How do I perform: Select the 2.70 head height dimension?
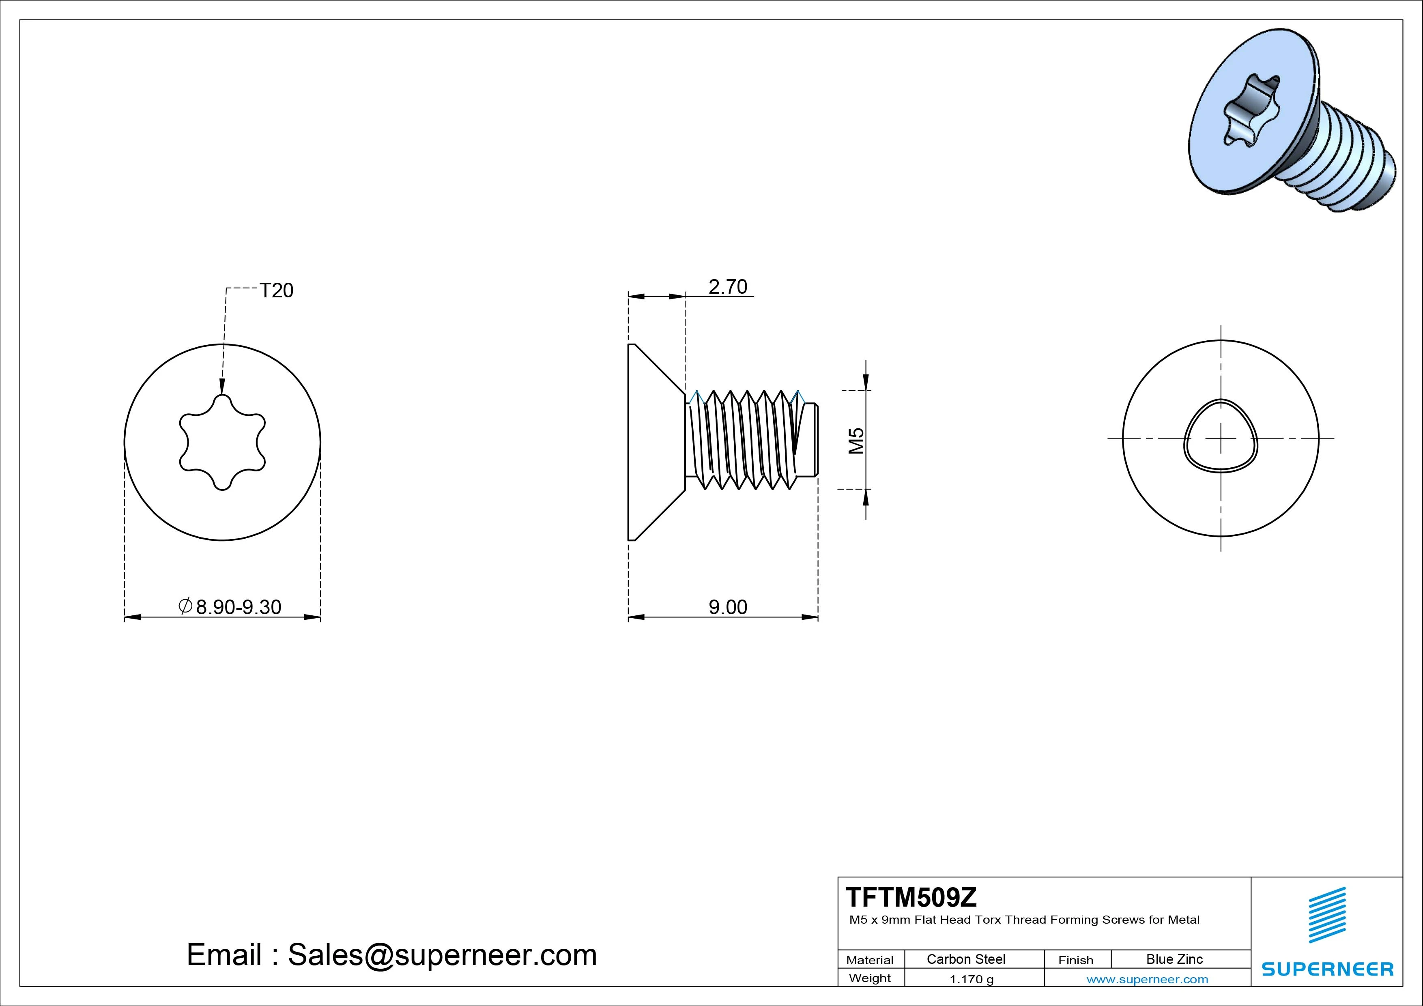pyautogui.click(x=728, y=286)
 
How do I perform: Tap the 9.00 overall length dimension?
pyautogui.click(x=728, y=607)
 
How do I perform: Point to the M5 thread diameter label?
pyautogui.click(x=856, y=441)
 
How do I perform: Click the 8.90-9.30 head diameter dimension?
pyautogui.click(x=238, y=607)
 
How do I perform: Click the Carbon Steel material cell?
pyautogui.click(x=965, y=959)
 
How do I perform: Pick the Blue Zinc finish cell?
pyautogui.click(x=1174, y=959)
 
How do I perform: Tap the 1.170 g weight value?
pyautogui.click(x=971, y=979)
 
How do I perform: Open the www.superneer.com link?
pyautogui.click(x=1147, y=979)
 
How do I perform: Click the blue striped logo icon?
pyautogui.click(x=1327, y=915)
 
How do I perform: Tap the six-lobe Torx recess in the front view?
pyautogui.click(x=223, y=442)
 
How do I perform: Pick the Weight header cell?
pyautogui.click(x=870, y=978)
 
